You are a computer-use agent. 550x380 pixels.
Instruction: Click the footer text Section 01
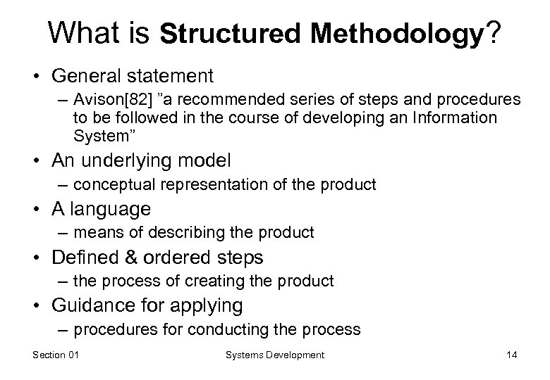click(56, 355)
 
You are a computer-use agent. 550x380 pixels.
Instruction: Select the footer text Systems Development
click(275, 355)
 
